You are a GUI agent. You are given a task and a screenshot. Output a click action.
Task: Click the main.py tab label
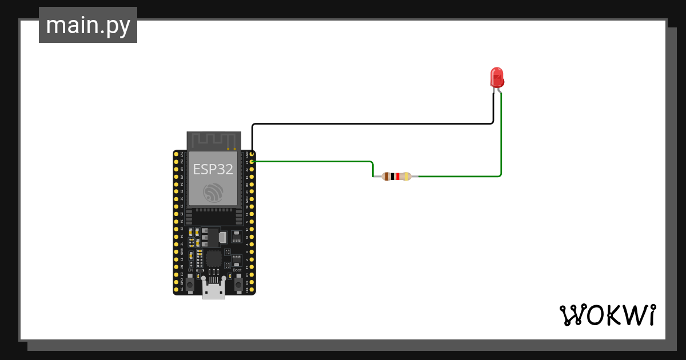[x=88, y=25]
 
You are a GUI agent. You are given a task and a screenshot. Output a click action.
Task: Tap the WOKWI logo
[x=607, y=315]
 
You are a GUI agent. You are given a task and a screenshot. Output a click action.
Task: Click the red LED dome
[x=497, y=76]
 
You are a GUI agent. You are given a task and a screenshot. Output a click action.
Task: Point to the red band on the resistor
[x=397, y=176]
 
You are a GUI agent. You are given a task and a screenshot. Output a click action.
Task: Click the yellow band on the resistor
[x=406, y=176]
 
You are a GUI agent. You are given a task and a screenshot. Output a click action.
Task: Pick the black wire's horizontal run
[x=372, y=123]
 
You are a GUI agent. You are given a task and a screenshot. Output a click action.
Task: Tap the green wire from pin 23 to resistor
[x=314, y=162]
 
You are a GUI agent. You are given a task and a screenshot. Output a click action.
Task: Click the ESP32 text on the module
[x=213, y=169]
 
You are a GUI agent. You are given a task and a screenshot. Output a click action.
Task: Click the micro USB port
[x=213, y=291]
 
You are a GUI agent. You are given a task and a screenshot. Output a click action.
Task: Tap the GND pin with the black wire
[x=252, y=155]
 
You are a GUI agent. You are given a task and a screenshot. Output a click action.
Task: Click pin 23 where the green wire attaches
[x=252, y=162]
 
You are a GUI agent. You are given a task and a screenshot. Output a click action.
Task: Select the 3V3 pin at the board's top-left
[x=177, y=155]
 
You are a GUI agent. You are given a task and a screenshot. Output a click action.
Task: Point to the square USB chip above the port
[x=213, y=259]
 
